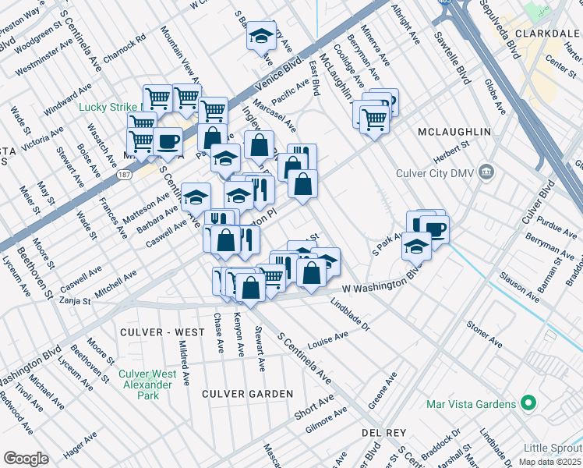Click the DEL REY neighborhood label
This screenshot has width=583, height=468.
click(381, 431)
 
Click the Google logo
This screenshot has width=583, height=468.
click(25, 459)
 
